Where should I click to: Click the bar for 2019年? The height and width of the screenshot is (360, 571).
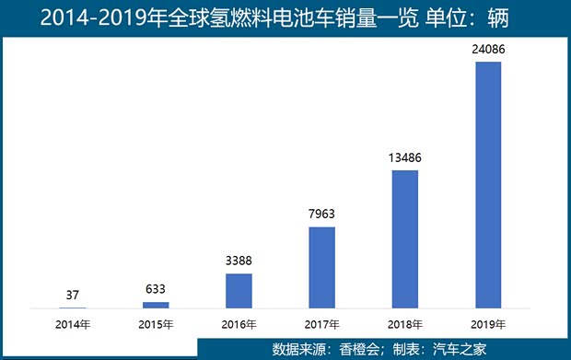(487, 184)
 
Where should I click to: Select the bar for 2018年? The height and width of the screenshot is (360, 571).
(404, 238)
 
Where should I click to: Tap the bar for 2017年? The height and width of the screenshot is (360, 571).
(321, 267)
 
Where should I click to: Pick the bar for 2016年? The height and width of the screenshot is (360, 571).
(239, 290)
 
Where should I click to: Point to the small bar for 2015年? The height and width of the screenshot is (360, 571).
(156, 304)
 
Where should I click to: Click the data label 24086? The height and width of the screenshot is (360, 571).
(487, 50)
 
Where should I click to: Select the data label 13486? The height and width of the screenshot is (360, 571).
(404, 157)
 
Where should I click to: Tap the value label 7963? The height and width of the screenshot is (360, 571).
(321, 215)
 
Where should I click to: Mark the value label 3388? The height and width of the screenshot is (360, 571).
(239, 261)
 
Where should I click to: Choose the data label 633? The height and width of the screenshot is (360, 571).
(156, 290)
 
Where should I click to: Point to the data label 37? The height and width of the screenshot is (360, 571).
(73, 296)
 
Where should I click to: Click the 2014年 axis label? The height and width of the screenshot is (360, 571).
(73, 324)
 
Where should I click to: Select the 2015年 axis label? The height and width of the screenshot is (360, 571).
(156, 324)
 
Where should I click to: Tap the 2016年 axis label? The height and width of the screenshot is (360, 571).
(239, 324)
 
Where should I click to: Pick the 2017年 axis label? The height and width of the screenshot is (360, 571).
(321, 324)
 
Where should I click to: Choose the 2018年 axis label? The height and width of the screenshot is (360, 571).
(404, 324)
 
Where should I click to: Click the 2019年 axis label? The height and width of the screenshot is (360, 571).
(487, 324)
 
